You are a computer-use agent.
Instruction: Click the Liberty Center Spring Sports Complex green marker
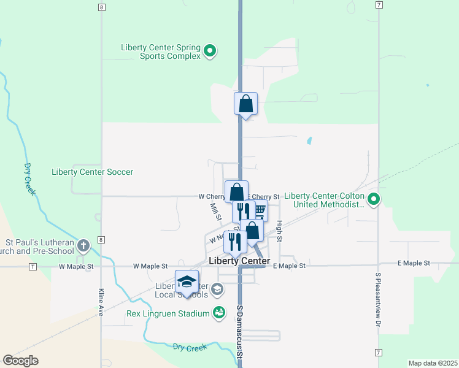pos(210,50)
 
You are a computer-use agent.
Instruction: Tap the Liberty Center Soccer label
pos(93,172)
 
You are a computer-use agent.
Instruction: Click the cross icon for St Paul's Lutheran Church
pos(83,246)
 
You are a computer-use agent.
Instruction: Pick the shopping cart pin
pos(260,211)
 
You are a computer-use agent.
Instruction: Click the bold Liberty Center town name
pos(239,261)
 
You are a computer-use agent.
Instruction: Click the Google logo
pos(20,361)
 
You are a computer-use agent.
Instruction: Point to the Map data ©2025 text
pos(433,362)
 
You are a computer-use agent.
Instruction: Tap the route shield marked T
pos(33,267)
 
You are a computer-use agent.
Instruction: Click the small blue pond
pos(309,140)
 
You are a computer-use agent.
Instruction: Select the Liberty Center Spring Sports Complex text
pos(161,51)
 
